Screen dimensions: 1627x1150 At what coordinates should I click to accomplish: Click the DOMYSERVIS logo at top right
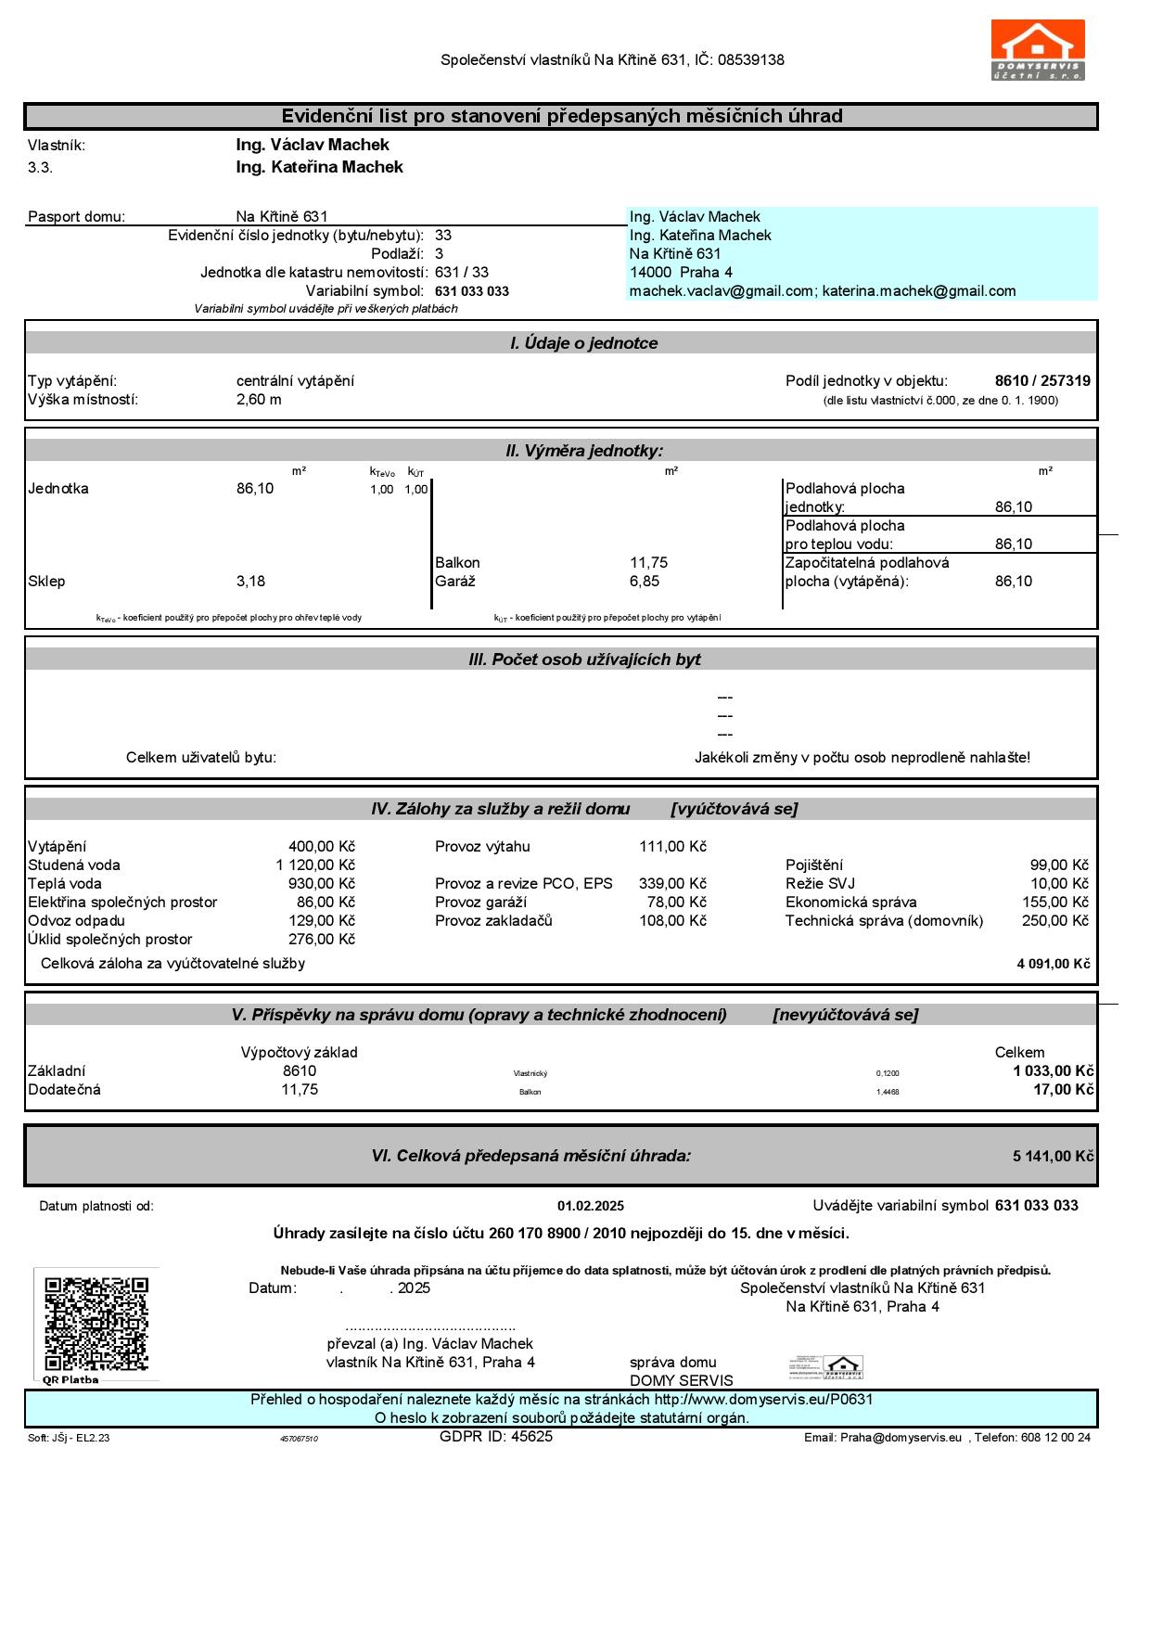point(1038,50)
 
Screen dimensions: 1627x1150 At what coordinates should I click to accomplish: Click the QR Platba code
point(96,1324)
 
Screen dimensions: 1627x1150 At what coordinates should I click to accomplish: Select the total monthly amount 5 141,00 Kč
point(1053,1157)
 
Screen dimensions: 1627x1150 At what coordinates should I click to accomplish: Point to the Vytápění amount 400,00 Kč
point(321,847)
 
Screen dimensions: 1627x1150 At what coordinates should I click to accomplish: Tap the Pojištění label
point(813,865)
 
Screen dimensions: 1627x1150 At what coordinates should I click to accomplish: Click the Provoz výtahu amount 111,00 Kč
point(672,847)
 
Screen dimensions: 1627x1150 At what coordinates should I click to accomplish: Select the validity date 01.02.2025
point(590,1207)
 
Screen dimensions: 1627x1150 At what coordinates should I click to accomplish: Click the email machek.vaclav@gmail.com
point(721,291)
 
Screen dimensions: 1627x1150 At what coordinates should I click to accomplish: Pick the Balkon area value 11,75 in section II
point(648,563)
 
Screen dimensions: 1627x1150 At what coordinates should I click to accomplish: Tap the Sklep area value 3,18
point(250,582)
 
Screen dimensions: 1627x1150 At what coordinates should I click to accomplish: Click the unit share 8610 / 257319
point(1042,381)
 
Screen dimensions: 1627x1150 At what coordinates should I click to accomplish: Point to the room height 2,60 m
point(259,400)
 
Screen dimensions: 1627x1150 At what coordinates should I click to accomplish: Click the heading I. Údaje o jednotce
point(583,343)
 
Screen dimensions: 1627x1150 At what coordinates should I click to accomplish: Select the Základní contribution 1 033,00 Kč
point(1053,1071)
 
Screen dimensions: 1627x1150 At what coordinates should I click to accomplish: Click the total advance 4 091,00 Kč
point(1053,964)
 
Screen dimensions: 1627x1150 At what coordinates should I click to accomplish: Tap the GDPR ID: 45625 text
point(495,1437)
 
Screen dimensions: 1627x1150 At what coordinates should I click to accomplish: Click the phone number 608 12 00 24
point(1055,1438)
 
